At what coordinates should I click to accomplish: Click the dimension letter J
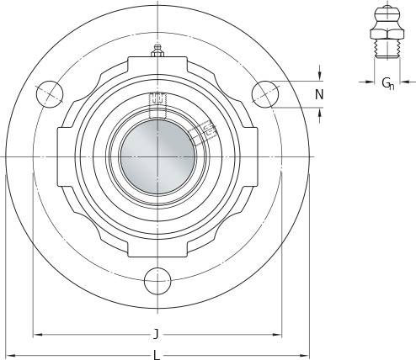(x=157, y=334)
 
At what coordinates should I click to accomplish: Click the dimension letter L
(x=157, y=356)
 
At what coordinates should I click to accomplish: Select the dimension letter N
(x=319, y=94)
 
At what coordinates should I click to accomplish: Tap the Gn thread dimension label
(x=388, y=83)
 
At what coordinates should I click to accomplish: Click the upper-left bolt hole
(x=50, y=94)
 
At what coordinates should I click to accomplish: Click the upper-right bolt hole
(x=265, y=94)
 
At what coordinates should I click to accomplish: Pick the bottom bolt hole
(x=157, y=281)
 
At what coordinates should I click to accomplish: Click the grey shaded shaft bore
(x=157, y=156)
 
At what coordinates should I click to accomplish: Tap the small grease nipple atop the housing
(x=157, y=51)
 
